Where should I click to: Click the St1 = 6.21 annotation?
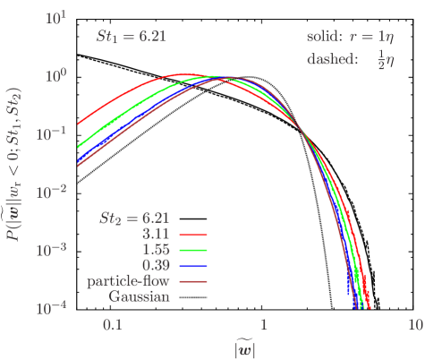[x=132, y=38]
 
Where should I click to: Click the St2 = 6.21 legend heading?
[x=134, y=218]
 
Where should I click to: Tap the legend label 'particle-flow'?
[x=129, y=281]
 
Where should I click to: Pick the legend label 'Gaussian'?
[x=140, y=296]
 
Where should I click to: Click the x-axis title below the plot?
[x=245, y=347]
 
